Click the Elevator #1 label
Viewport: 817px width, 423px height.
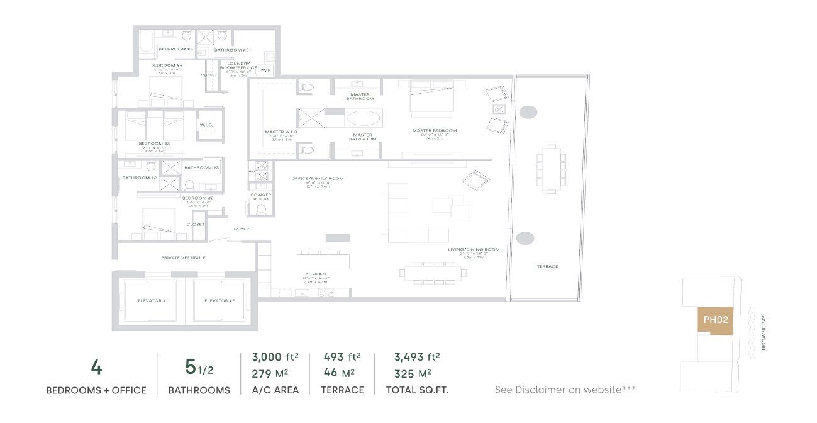[153, 301]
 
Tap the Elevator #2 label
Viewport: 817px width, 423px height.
[220, 301]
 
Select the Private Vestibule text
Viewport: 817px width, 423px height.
[183, 258]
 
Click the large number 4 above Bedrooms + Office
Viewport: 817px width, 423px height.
[96, 368]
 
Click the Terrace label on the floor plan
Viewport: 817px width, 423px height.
[547, 266]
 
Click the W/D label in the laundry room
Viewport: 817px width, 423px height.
[265, 70]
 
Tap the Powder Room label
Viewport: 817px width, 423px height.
[261, 196]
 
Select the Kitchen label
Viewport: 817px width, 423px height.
[316, 274]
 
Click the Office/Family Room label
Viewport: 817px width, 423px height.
[318, 179]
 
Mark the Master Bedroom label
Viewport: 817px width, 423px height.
[435, 131]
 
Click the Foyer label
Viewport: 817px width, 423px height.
[241, 229]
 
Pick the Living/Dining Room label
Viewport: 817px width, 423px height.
[474, 249]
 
